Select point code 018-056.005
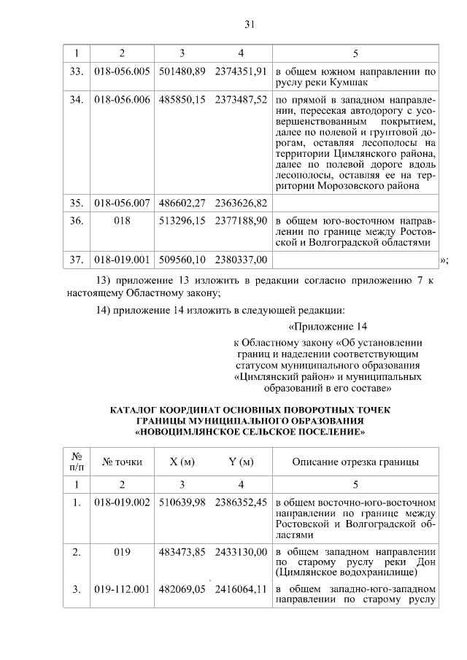[122, 71]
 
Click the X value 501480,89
[182, 71]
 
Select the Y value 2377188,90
[241, 220]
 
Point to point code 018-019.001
[122, 259]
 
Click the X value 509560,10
[182, 259]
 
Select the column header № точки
[122, 462]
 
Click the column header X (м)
[182, 462]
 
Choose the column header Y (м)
[241, 462]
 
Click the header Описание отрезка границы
[355, 462]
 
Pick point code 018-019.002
[122, 502]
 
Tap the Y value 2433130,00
[241, 553]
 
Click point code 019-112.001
[122, 589]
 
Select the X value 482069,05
[182, 589]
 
